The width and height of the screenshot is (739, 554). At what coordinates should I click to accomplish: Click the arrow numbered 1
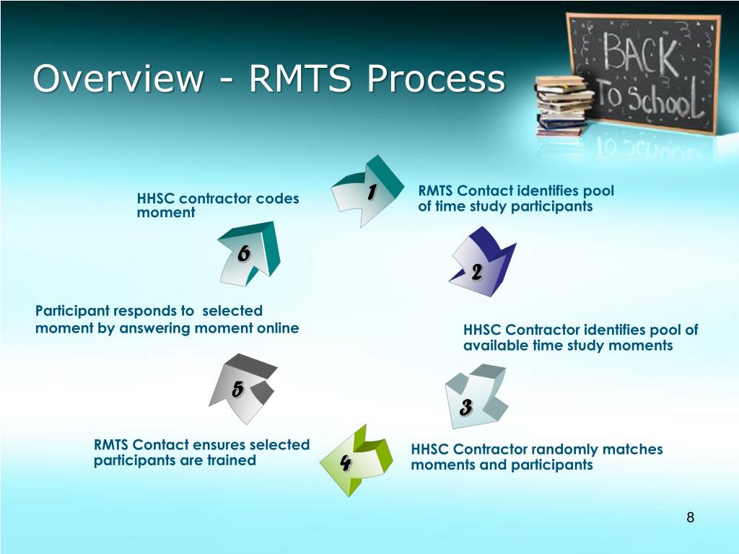pos(368,191)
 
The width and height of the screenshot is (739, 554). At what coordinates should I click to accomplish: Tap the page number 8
pos(690,517)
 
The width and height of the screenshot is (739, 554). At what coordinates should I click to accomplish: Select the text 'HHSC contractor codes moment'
pos(217,206)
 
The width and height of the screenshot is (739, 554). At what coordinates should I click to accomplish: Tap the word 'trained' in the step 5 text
pos(232,460)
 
